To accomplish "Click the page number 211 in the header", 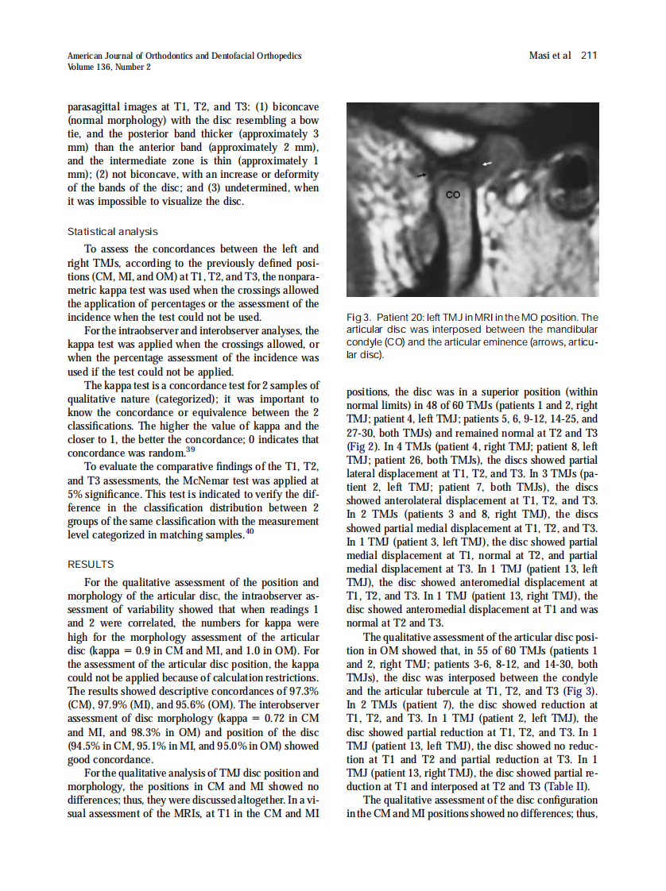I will (x=588, y=56).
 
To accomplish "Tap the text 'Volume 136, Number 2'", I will (x=110, y=67).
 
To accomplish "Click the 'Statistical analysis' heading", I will (x=112, y=232).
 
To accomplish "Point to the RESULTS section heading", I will (x=91, y=565).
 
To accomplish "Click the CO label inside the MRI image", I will (x=452, y=193).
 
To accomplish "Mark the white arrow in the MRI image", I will (x=488, y=163).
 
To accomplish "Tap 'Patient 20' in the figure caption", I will (x=404, y=318).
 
